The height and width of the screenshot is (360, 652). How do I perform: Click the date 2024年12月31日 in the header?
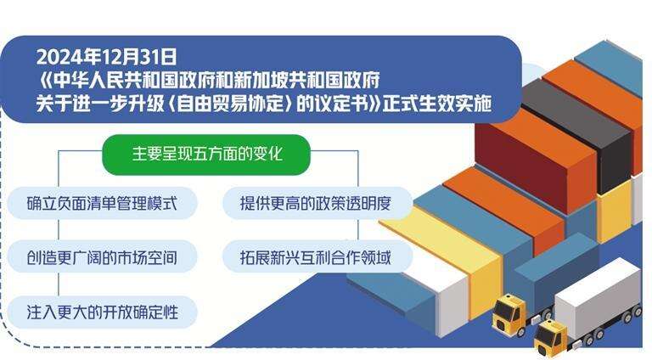tap(106, 57)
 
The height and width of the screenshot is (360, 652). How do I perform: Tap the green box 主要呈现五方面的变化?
tap(206, 155)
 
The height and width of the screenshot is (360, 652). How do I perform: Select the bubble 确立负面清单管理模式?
tap(102, 203)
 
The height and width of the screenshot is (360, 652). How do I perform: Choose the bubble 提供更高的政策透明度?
tap(317, 203)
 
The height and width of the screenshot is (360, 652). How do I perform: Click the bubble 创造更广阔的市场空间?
tap(102, 257)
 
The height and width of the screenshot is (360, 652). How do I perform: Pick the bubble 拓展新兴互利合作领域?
tap(317, 257)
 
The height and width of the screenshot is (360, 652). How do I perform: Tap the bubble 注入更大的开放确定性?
tap(102, 312)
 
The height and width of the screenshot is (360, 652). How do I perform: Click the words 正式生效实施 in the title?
tap(437, 104)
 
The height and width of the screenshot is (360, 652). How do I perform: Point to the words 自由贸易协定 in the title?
tap(232, 104)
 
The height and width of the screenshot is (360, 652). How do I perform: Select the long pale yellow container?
tap(444, 258)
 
